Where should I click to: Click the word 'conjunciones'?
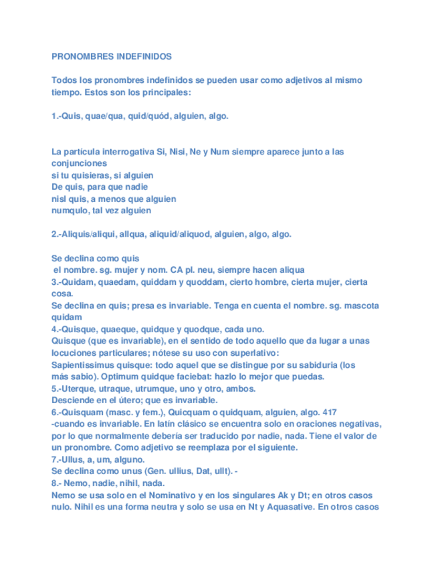(x=79, y=163)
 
